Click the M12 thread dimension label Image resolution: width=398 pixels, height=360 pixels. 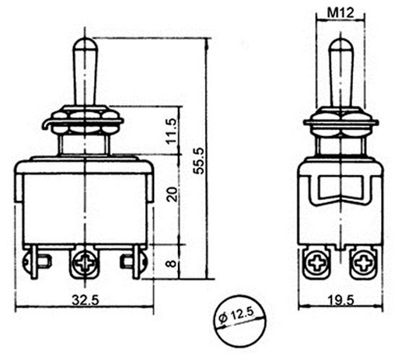pos(343,12)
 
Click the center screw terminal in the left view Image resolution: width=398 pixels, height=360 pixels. pos(82,263)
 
